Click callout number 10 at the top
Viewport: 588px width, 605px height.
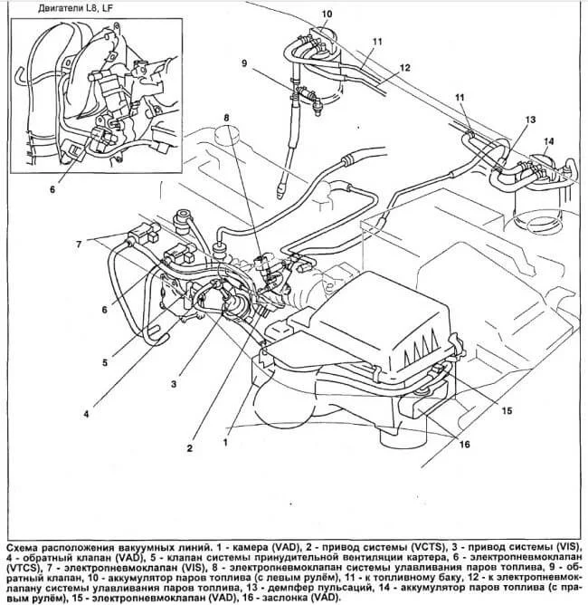[x=327, y=14]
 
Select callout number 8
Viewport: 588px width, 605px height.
[x=227, y=117]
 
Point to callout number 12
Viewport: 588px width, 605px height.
[x=404, y=68]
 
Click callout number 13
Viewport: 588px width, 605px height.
[x=530, y=120]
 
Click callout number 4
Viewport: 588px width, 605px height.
[x=87, y=416]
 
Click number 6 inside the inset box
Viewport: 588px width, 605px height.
[x=52, y=190]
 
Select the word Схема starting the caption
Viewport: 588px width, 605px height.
[x=24, y=550]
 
